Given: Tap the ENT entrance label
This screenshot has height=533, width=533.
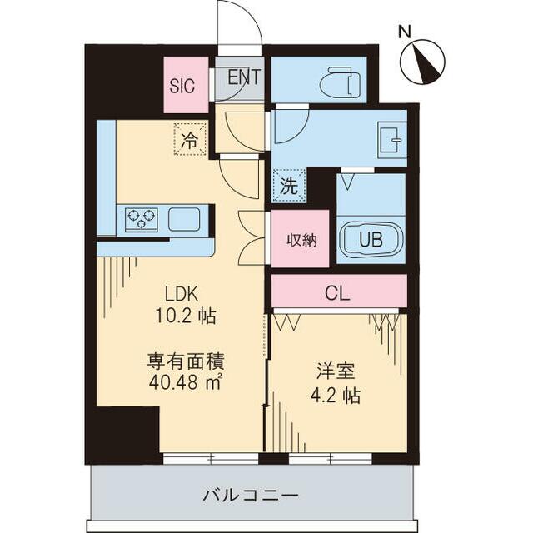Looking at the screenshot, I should click(243, 77).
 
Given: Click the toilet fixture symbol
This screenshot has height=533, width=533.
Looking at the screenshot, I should click(341, 83).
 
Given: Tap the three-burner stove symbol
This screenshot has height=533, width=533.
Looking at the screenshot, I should click(141, 219).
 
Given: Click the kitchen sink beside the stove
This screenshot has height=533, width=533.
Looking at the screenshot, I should click(184, 219).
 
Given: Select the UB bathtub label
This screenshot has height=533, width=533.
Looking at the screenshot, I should click(371, 240).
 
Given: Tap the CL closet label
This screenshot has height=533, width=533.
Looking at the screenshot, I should click(337, 292).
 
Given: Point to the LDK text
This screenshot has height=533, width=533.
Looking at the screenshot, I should click(182, 293).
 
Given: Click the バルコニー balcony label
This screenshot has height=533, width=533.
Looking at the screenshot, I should click(250, 494).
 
